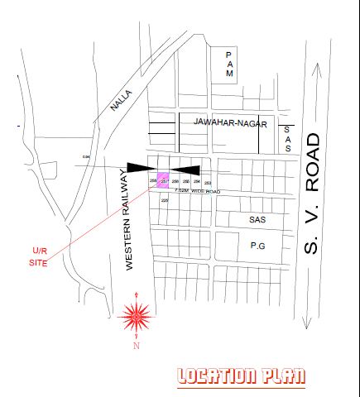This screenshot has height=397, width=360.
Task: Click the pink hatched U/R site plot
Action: click(x=164, y=181)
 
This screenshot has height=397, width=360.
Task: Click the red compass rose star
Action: click(x=136, y=315)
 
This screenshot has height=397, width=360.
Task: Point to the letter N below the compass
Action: click(x=136, y=347)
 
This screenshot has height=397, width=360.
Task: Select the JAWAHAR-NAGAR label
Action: click(x=230, y=122)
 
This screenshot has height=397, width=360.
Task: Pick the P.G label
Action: click(x=257, y=245)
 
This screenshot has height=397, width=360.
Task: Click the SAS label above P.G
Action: click(x=257, y=220)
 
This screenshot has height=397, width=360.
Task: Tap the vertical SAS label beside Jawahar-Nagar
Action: click(x=287, y=140)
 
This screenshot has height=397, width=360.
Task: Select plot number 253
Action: click(x=208, y=182)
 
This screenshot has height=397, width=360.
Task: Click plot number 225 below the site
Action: click(x=164, y=200)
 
